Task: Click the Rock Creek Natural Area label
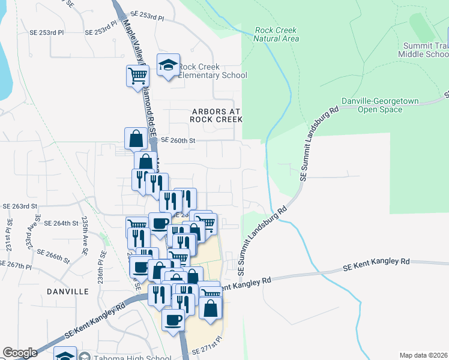coord(277,34)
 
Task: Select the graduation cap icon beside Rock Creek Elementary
coord(169,65)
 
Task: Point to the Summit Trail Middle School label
coord(423,50)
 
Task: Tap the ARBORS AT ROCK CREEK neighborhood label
coord(215,115)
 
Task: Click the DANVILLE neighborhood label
coord(67,291)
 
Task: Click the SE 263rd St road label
coord(20,206)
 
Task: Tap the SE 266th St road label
coord(53,256)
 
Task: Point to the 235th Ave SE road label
coord(86,229)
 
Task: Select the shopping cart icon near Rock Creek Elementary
coord(137,76)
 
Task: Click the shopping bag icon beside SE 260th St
coord(136,138)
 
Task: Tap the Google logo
coord(20,353)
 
